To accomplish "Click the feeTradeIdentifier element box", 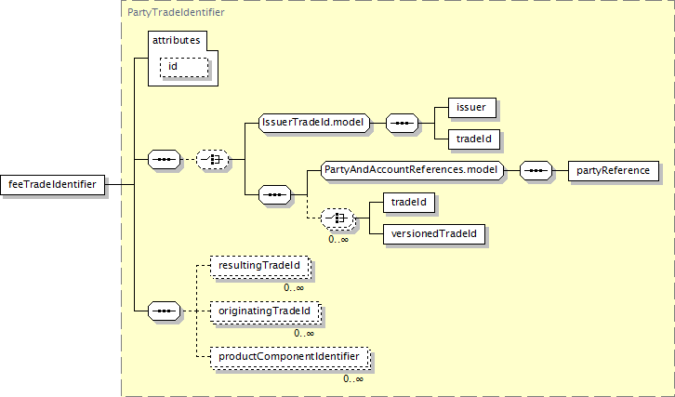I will coord(53,184).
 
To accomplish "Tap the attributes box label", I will coord(177,41).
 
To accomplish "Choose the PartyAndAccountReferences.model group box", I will coord(410,170).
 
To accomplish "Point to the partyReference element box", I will coord(614,171).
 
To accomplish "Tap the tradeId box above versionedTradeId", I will coord(409,202).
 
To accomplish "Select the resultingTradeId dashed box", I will coord(259,267).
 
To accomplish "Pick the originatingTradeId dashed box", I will coord(265,311).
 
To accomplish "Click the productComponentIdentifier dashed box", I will coord(289,356).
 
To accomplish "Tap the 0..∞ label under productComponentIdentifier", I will coord(352,378).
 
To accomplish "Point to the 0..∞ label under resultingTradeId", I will coord(295,288).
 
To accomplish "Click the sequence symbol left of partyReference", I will coord(535,171).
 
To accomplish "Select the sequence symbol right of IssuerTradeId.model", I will coord(401,122).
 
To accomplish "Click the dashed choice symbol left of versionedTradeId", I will coord(337,218).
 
